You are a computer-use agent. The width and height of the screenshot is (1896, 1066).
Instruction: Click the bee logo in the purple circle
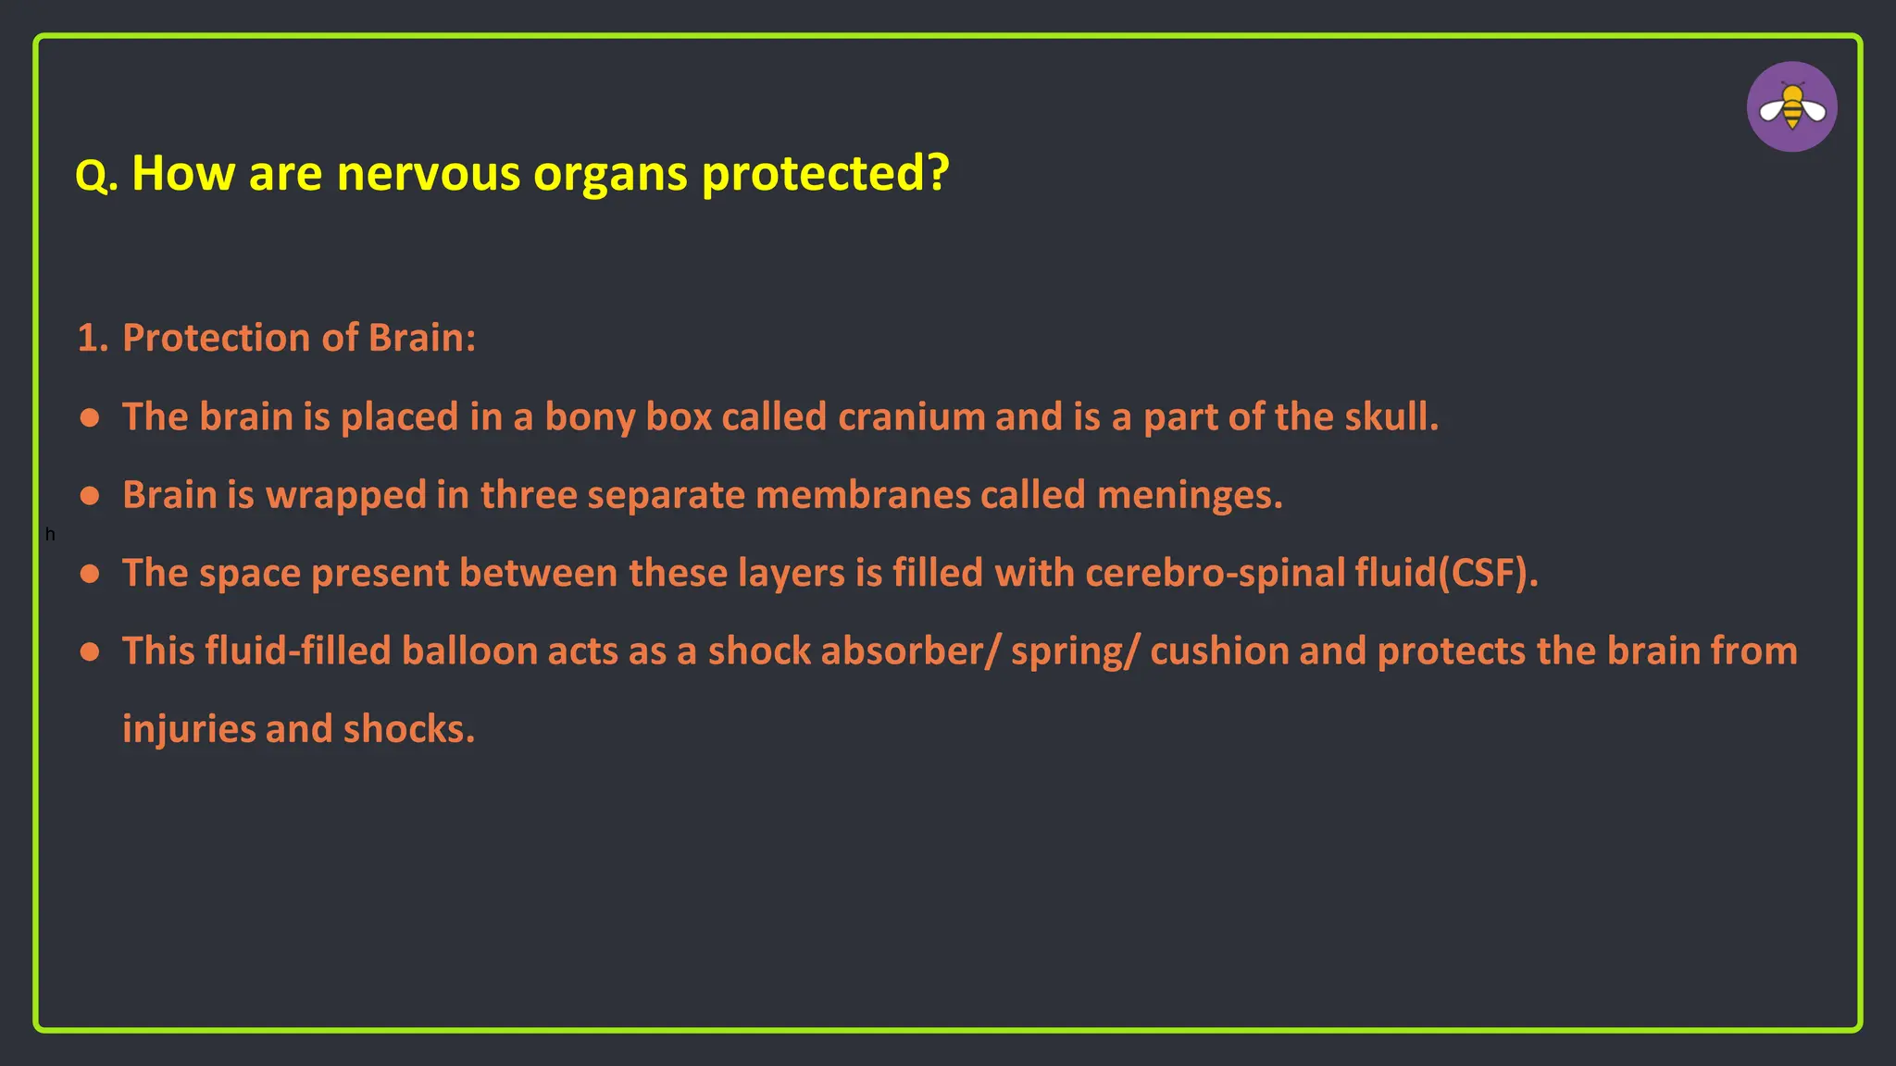pos(1791,107)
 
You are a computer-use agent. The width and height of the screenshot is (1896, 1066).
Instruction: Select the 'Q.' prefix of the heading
pos(96,175)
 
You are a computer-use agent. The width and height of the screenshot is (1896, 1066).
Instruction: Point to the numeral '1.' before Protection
pos(93,338)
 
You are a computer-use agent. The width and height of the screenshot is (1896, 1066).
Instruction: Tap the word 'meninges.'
pos(1190,495)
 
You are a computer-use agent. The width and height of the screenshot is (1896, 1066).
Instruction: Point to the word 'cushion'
pos(1219,651)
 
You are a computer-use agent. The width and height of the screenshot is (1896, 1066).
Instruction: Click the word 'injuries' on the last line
pos(189,729)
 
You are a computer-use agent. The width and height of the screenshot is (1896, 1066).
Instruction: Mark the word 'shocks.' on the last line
pos(409,729)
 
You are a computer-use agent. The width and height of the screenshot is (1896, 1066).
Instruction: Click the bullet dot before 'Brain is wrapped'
pos(90,496)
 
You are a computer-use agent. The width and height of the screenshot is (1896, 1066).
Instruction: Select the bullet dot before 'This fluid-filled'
pos(90,652)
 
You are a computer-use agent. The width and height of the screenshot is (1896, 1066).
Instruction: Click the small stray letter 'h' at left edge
pos(50,535)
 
